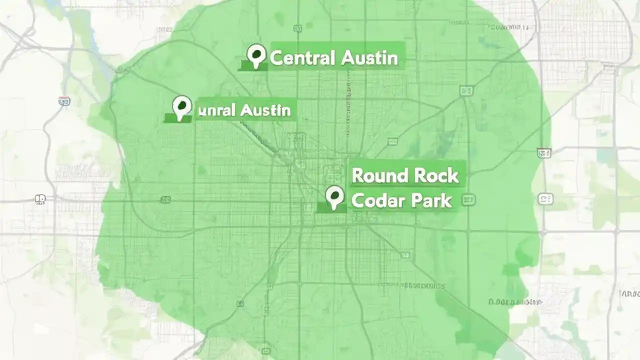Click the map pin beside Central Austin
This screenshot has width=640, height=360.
tap(256, 55)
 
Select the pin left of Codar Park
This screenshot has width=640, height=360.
tap(334, 197)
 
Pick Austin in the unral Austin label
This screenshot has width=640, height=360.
tap(265, 109)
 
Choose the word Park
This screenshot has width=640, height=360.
tap(431, 200)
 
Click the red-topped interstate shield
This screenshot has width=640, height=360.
tap(64, 101)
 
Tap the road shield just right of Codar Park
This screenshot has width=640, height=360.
tap(468, 200)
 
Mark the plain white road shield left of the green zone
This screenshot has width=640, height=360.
tap(40, 199)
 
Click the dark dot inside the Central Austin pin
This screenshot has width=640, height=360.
tap(257, 52)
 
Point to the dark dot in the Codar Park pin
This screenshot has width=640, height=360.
tap(334, 194)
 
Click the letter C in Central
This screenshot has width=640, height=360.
tap(275, 58)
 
